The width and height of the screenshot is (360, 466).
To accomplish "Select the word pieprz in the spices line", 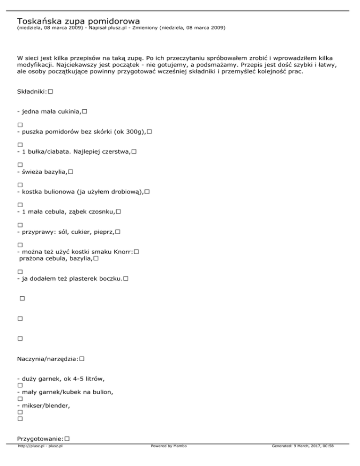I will (x=103, y=232).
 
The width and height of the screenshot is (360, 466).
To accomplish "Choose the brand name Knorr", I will (x=120, y=252).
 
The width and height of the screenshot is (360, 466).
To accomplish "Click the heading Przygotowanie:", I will (x=40, y=438).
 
